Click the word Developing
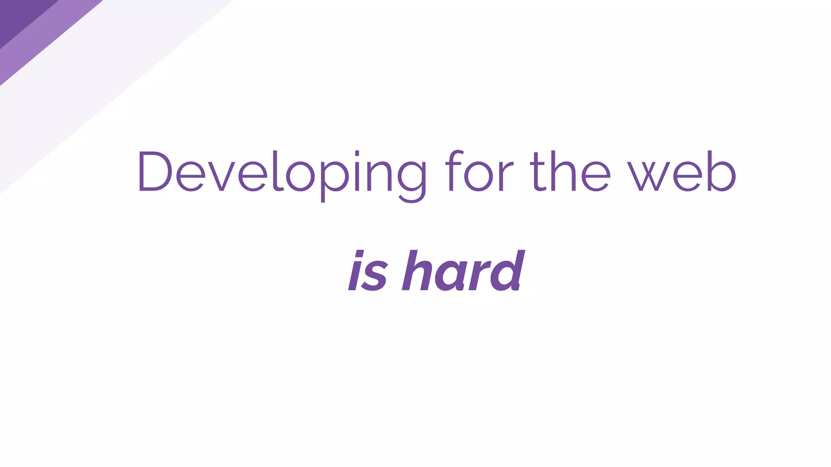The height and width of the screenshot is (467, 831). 282,172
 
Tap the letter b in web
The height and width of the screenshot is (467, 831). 720,171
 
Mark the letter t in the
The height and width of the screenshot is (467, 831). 538,172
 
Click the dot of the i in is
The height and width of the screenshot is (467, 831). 359,254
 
